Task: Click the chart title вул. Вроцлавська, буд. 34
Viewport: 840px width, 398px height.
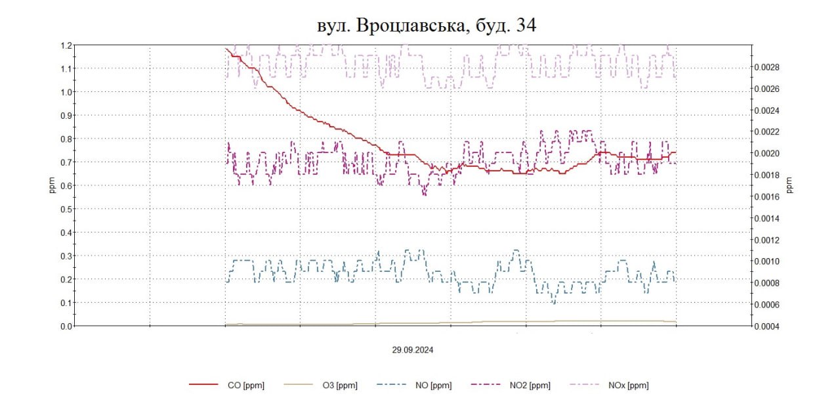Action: tap(426, 25)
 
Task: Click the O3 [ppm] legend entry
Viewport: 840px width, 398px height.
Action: tap(339, 386)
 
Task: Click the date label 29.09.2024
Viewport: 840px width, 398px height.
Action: tap(413, 350)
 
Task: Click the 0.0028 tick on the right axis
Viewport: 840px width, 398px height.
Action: tap(765, 67)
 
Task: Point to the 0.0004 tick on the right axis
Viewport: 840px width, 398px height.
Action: tap(765, 326)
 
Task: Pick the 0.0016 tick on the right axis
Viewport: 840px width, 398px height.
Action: tap(765, 196)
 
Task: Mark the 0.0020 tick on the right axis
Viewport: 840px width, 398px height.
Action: tap(765, 153)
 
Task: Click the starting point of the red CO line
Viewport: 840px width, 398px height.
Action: tap(226, 48)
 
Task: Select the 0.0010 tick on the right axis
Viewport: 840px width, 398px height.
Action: tap(765, 261)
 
